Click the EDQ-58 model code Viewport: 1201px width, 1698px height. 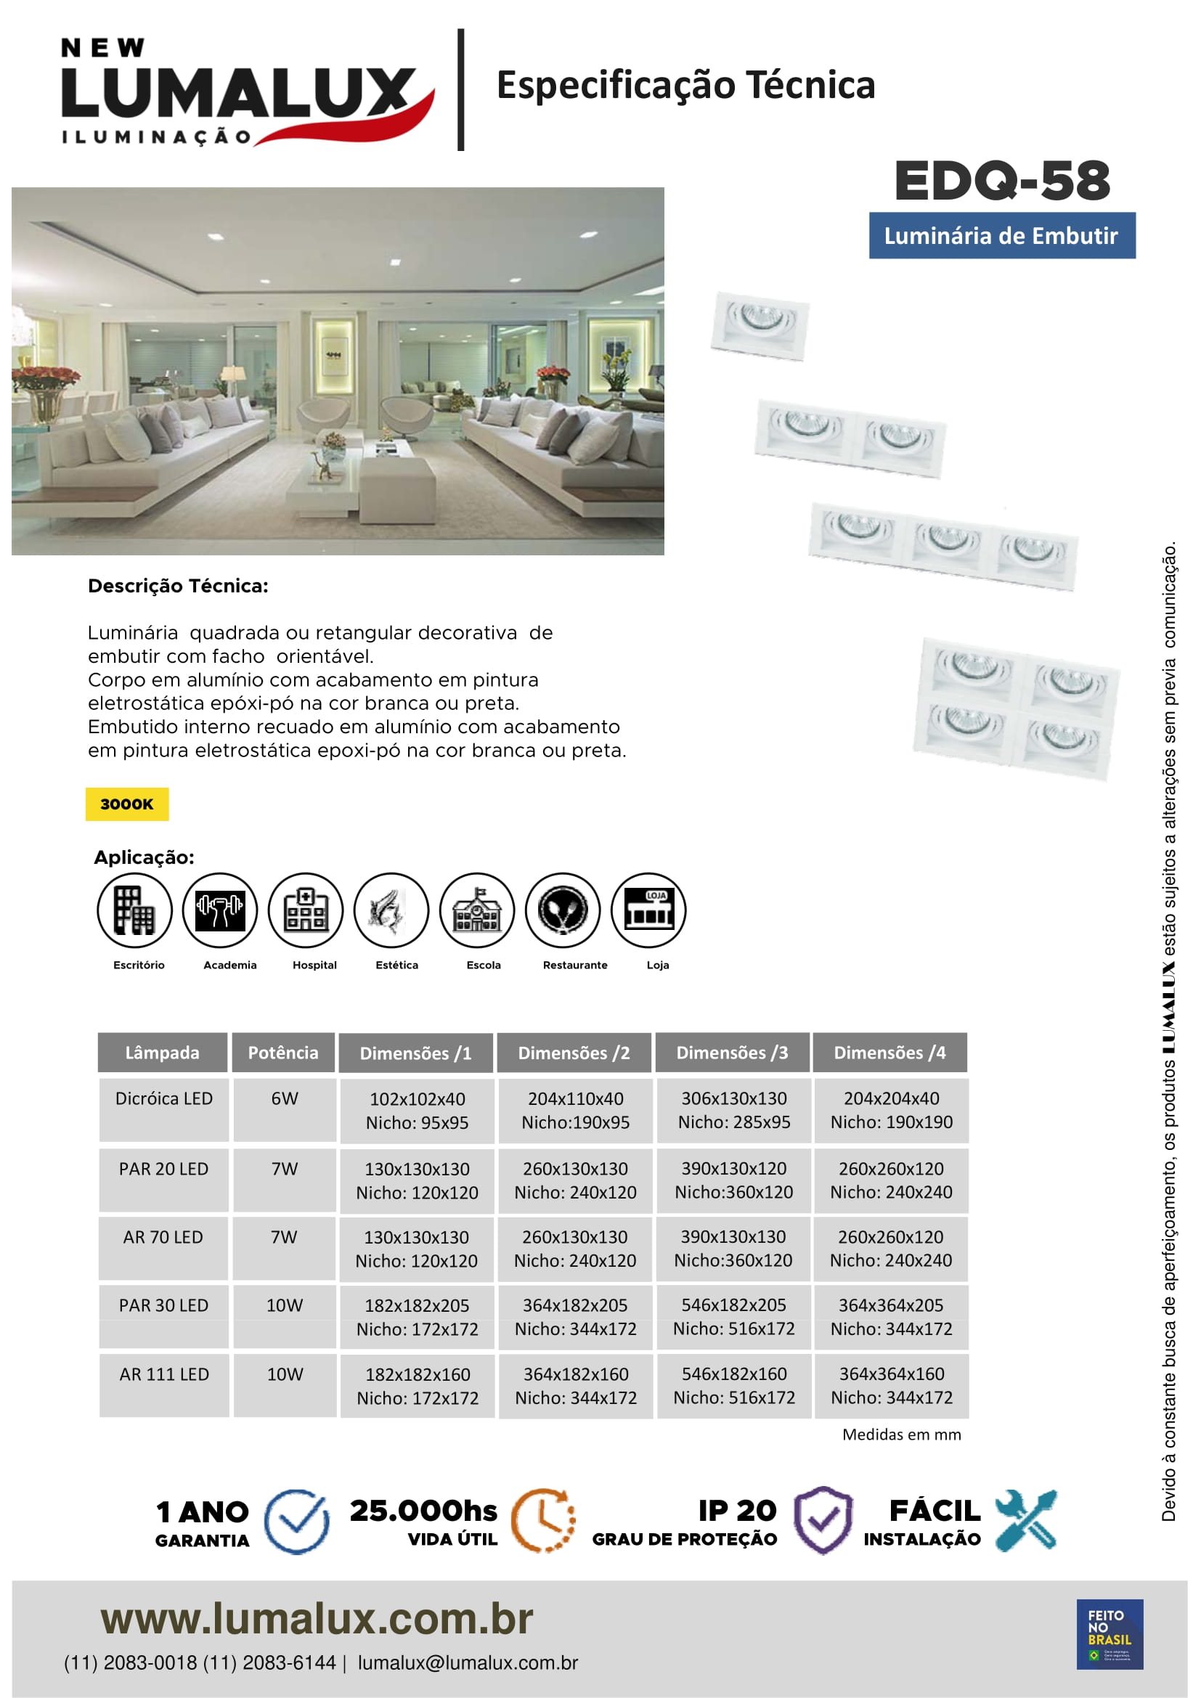[1002, 181]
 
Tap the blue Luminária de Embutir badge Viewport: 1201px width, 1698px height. [1001, 236]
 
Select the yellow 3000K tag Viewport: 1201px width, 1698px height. [126, 804]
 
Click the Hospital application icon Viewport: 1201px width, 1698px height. [306, 910]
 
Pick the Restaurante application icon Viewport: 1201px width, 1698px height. [563, 910]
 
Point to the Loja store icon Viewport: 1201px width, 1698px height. [648, 910]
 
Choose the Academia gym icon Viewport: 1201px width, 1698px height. [219, 910]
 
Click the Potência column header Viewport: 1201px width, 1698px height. [283, 1053]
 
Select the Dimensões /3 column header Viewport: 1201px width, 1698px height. [732, 1053]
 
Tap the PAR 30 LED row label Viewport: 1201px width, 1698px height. [163, 1305]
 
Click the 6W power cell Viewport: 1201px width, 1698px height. [285, 1098]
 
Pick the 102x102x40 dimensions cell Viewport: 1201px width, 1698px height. [417, 1110]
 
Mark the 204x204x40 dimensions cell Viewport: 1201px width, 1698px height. [891, 1110]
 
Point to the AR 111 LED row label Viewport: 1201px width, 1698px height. [164, 1374]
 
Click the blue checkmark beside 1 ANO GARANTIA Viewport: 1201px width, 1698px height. [296, 1522]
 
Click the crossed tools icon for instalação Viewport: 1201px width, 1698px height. [1026, 1521]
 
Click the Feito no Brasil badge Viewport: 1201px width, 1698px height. [1110, 1633]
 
